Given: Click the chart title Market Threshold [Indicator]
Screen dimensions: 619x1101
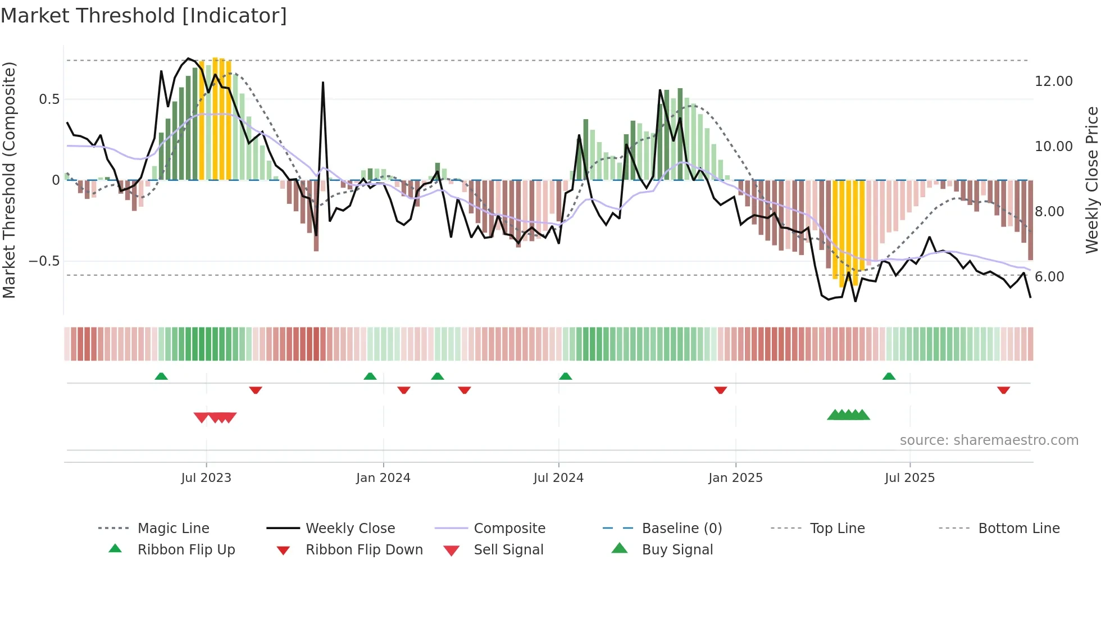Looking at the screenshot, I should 144,16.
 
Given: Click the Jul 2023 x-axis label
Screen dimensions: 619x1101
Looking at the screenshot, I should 206,478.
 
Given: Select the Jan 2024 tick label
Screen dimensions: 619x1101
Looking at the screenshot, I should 383,478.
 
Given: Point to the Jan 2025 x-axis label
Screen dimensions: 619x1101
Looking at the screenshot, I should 735,478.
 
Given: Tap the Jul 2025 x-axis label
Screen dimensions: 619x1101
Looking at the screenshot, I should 909,478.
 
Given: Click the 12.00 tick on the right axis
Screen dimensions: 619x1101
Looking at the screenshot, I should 1053,81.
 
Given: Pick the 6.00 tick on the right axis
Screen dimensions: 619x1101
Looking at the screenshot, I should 1049,277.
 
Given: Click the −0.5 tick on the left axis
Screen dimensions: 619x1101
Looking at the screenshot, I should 44,261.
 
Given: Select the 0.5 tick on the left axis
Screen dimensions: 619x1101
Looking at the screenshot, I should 49,99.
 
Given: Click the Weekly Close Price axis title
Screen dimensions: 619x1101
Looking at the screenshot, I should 1091,180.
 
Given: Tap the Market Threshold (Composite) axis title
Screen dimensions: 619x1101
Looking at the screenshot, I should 9,180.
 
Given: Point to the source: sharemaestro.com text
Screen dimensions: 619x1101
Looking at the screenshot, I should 989,440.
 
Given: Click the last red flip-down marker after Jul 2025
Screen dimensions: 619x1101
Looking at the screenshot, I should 1004,390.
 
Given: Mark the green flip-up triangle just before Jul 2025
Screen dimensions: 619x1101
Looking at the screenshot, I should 889,376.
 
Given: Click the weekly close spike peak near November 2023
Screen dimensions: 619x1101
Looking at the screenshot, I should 323,83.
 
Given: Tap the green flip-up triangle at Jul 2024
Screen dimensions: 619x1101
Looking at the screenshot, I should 566,376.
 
